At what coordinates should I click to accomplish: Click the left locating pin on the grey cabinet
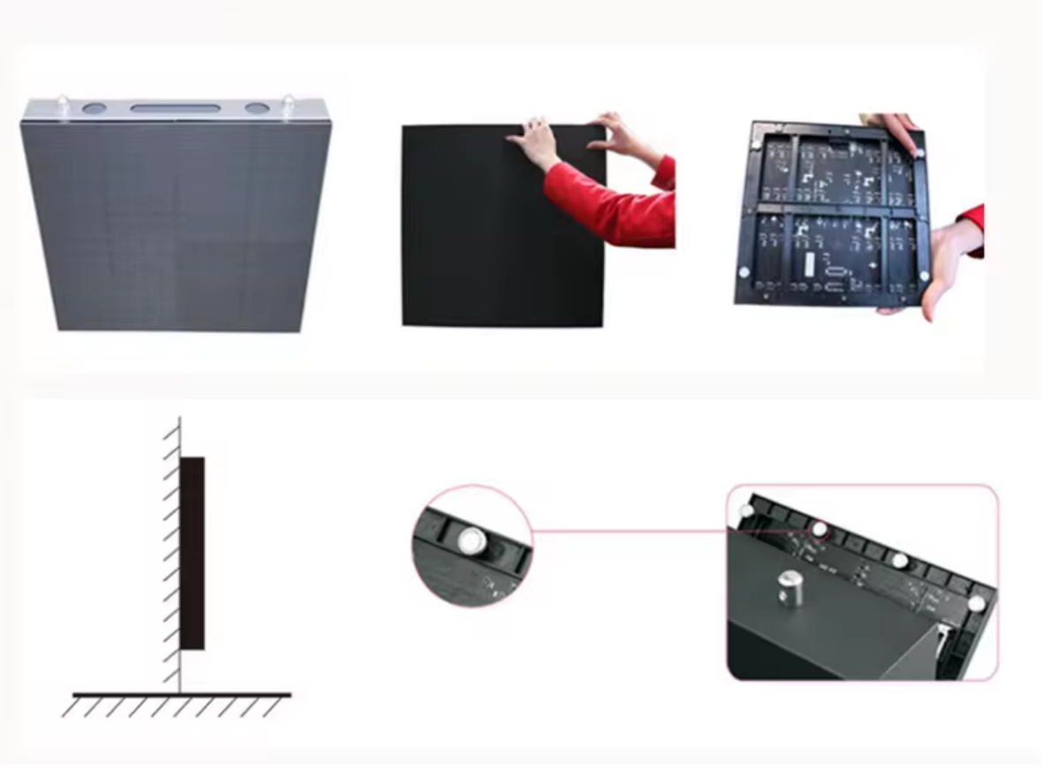(64, 103)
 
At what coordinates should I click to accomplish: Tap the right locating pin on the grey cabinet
(291, 103)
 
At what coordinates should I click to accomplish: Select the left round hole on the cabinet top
(94, 110)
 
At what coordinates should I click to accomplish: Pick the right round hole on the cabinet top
(257, 109)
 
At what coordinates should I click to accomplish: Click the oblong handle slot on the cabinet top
(175, 108)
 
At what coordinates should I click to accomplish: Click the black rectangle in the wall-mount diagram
(193, 553)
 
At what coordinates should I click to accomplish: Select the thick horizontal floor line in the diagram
(181, 694)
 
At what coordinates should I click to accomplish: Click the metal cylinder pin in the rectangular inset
(789, 587)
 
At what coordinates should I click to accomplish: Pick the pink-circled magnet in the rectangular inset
(820, 530)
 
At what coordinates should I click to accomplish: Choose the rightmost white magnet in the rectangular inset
(976, 603)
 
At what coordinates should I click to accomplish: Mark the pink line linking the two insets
(627, 533)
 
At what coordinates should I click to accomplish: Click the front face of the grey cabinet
(177, 225)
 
